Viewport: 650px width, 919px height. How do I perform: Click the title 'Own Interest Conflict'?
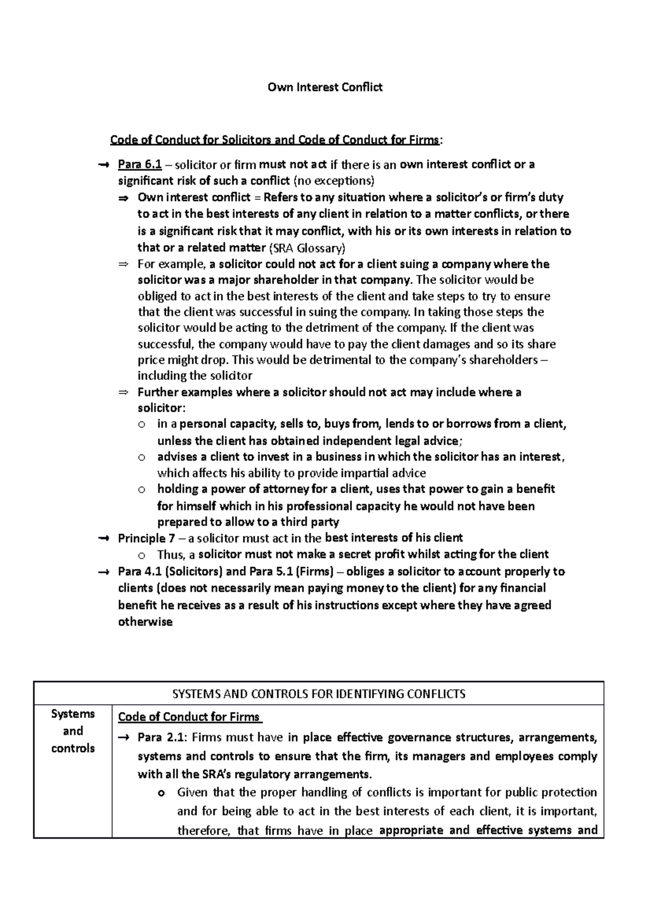click(325, 87)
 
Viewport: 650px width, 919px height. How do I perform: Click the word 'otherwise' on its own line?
click(145, 622)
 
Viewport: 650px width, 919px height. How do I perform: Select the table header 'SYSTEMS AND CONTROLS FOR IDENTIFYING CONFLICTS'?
click(318, 694)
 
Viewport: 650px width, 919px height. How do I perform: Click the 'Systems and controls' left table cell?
click(73, 731)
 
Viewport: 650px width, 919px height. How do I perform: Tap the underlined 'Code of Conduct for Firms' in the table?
click(190, 717)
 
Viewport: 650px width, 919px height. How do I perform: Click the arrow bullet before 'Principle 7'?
click(104, 539)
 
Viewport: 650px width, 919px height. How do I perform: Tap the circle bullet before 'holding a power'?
click(142, 490)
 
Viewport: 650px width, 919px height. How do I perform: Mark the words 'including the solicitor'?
click(195, 376)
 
